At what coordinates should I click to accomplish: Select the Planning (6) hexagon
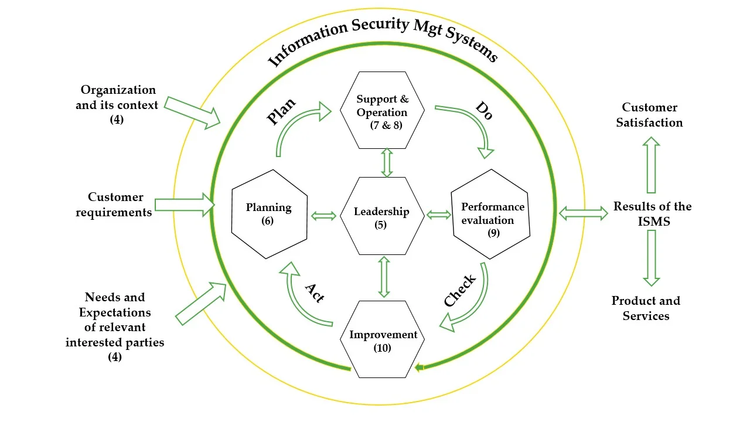270,214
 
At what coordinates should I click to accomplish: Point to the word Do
483,110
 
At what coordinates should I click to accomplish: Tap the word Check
461,291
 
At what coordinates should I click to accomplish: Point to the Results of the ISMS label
652,214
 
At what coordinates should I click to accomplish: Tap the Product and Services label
646,308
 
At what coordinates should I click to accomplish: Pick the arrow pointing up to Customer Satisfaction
651,165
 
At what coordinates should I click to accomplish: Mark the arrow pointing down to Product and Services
651,258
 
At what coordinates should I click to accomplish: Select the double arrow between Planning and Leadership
323,216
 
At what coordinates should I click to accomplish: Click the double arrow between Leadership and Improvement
384,277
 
